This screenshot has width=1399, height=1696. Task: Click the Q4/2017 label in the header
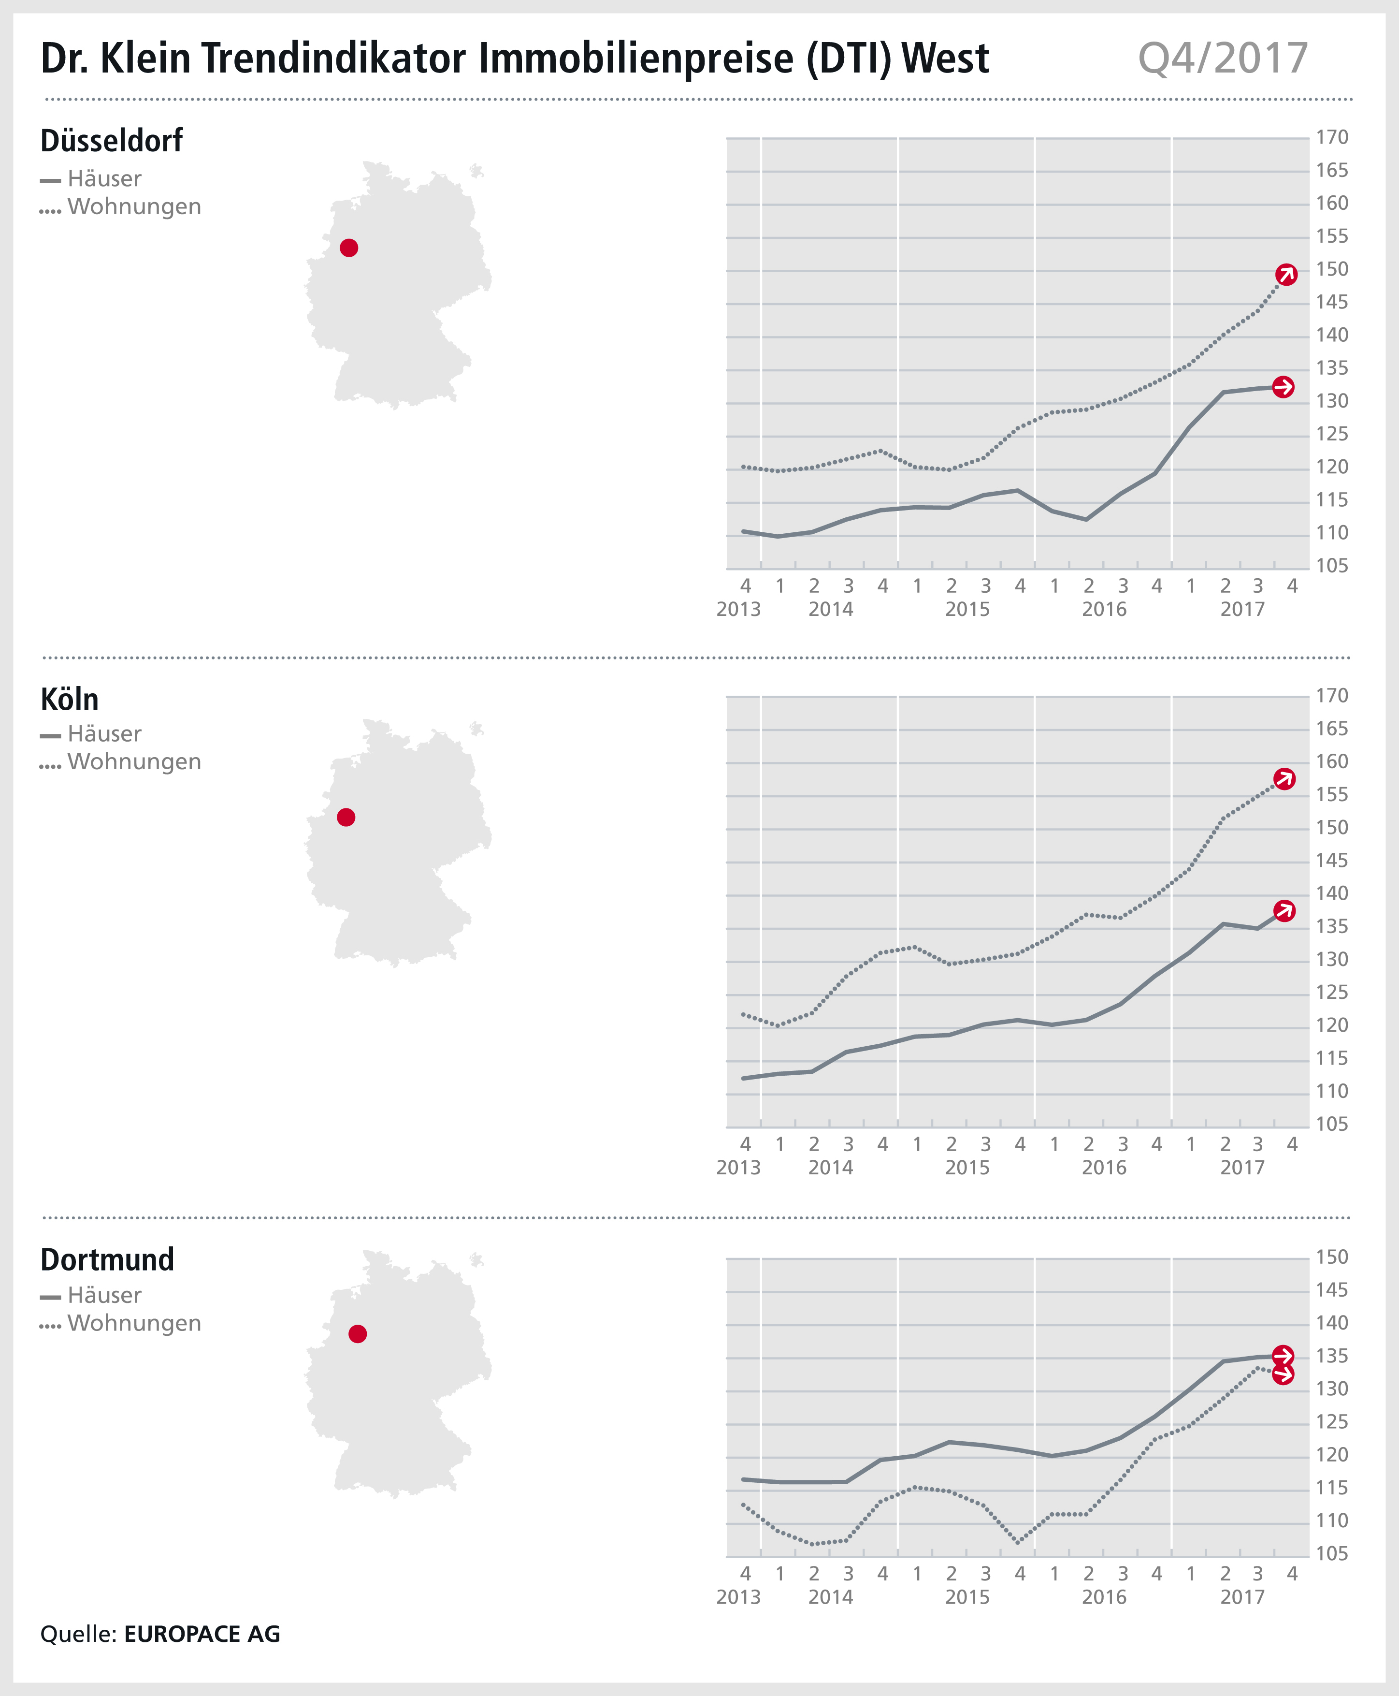click(x=1223, y=59)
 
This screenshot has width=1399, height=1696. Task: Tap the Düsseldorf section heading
click(x=111, y=141)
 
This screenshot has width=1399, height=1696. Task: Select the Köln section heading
click(x=69, y=700)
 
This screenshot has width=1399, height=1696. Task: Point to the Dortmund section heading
click(x=107, y=1259)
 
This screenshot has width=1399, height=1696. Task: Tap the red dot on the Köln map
click(x=346, y=818)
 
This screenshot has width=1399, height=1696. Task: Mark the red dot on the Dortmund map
click(x=358, y=1334)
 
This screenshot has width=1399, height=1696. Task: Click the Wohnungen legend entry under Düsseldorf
click(x=134, y=207)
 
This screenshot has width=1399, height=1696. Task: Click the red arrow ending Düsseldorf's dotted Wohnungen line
click(x=1286, y=275)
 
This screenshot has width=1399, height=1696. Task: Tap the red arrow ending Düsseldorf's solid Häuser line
click(x=1283, y=387)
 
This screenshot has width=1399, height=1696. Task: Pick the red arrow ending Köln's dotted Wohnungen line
click(x=1284, y=779)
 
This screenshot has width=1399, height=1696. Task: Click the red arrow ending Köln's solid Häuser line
click(x=1284, y=911)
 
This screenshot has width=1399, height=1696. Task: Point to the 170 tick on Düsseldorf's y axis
click(x=1331, y=138)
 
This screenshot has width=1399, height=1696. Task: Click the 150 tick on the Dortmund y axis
click(x=1331, y=1257)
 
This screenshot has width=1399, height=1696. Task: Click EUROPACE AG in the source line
click(x=202, y=1634)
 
